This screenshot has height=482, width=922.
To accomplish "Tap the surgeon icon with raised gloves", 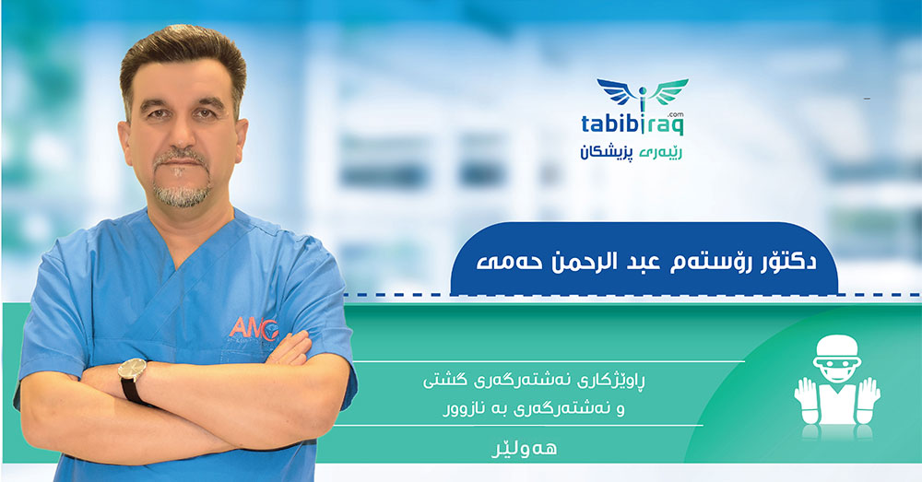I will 837,387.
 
